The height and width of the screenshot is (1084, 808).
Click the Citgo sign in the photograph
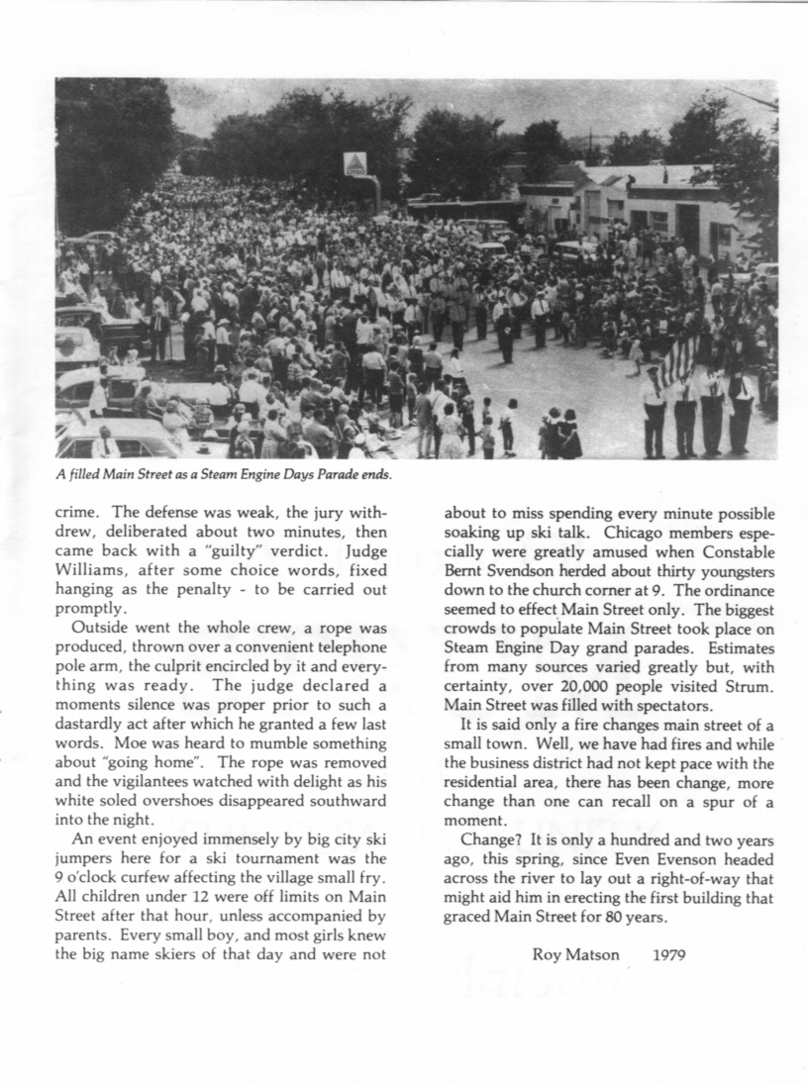pyautogui.click(x=355, y=164)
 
